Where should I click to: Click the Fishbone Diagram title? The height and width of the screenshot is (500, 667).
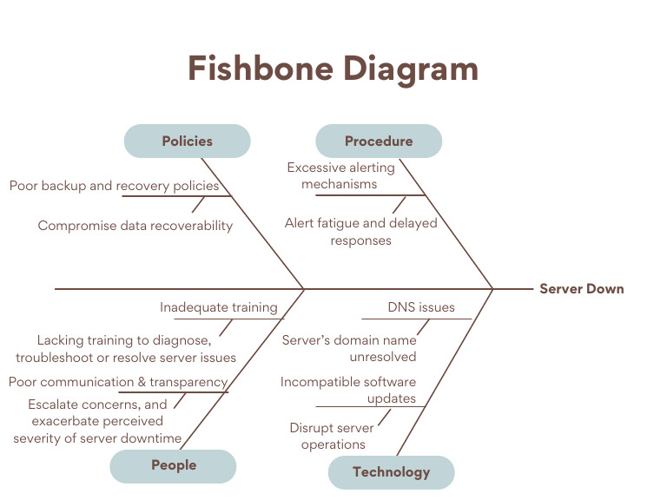(333, 69)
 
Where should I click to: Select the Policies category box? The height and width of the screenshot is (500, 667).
(187, 141)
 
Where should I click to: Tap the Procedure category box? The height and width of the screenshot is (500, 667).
(378, 141)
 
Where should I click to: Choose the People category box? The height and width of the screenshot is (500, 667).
(173, 465)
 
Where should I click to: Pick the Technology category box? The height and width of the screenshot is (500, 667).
(391, 472)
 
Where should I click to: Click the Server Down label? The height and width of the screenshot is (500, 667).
(581, 289)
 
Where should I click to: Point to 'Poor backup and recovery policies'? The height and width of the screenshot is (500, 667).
(114, 185)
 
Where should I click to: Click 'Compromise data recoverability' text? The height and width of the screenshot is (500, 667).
(135, 226)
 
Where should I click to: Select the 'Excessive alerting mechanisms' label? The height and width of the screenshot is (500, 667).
(340, 175)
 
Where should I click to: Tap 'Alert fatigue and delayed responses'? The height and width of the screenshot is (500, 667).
(360, 232)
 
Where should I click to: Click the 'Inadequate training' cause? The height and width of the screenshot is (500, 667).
(218, 307)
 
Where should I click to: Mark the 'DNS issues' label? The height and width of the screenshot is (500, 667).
(420, 307)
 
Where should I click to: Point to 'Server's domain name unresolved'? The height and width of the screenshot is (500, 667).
(349, 348)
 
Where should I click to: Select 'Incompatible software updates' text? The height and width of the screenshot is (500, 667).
(348, 390)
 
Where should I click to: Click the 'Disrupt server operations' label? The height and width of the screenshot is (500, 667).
(332, 436)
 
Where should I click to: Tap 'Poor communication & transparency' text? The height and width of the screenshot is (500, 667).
(118, 382)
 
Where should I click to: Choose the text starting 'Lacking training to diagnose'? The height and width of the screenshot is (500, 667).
(125, 349)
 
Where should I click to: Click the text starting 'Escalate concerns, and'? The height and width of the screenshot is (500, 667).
(97, 421)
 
